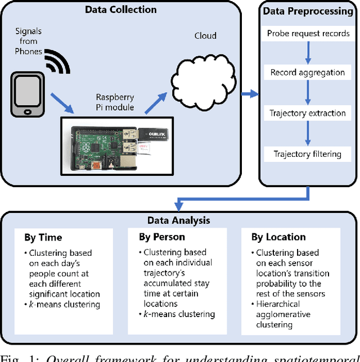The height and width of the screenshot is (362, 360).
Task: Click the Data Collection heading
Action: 120,10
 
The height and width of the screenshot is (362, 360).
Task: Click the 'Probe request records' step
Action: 307,33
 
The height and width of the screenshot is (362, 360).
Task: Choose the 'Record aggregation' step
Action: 307,73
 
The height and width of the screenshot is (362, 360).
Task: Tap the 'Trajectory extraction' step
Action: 307,113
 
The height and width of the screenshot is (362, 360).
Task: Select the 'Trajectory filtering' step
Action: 307,153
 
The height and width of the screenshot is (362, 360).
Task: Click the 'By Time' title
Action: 43,237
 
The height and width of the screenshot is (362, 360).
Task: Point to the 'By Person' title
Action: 162,237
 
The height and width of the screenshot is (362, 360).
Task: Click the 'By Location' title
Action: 278,237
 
